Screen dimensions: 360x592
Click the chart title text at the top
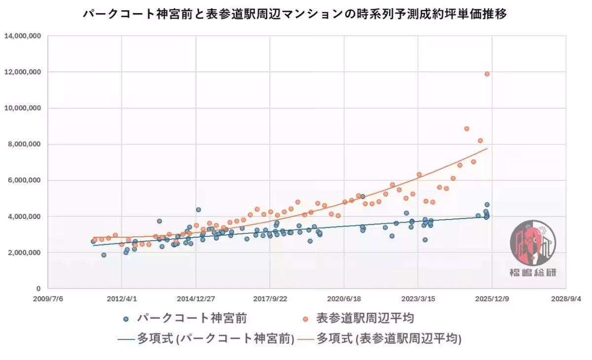pyautogui.click(x=295, y=13)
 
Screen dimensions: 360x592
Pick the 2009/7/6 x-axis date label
pyautogui.click(x=48, y=298)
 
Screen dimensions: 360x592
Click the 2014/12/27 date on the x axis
pyautogui.click(x=196, y=298)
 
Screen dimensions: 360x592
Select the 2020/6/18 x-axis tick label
pyautogui.click(x=344, y=298)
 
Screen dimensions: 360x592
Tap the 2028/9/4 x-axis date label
pyautogui.click(x=566, y=298)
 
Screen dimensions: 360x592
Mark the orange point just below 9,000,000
pyautogui.click(x=466, y=129)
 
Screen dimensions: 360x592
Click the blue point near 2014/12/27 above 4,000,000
pyautogui.click(x=198, y=210)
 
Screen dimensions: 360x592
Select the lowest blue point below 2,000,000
pyautogui.click(x=104, y=255)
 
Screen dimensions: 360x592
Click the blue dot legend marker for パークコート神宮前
pyautogui.click(x=126, y=319)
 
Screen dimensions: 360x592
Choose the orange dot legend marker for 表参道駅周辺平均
pyautogui.click(x=305, y=319)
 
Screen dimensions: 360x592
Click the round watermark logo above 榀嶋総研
pyautogui.click(x=532, y=243)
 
